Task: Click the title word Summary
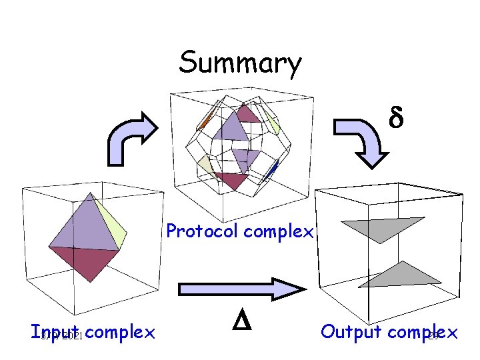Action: pyautogui.click(x=240, y=64)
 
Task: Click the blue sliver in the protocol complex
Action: pyautogui.click(x=271, y=170)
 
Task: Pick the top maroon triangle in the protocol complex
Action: pyautogui.click(x=248, y=114)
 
